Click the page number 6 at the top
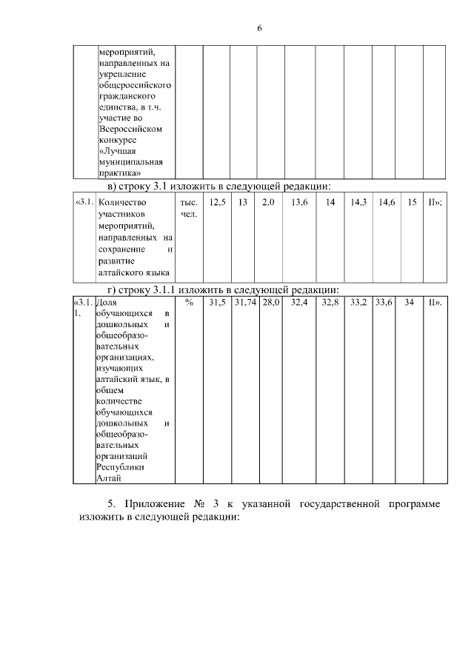pos(260,28)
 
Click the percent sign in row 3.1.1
pos(189,304)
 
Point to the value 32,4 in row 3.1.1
pos(299,304)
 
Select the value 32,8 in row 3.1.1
pos(330,304)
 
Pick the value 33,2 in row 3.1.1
pos(358,304)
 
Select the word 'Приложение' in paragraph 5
pos(154,504)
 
